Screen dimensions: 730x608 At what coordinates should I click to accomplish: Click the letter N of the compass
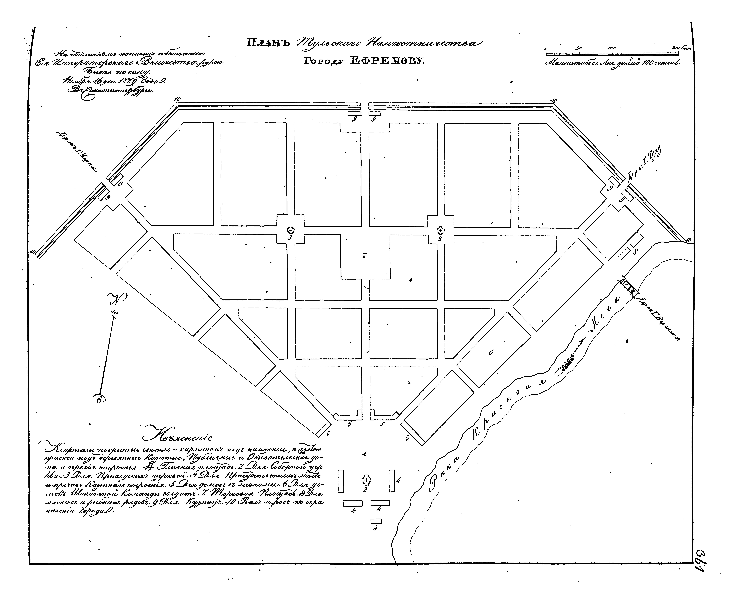coord(118,298)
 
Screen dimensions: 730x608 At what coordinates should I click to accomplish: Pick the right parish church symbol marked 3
coord(440,230)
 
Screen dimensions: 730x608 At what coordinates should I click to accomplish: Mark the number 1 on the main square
coord(364,454)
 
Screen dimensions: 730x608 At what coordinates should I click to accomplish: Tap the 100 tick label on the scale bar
coord(612,48)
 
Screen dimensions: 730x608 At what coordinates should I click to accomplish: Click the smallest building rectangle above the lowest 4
coord(376,521)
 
